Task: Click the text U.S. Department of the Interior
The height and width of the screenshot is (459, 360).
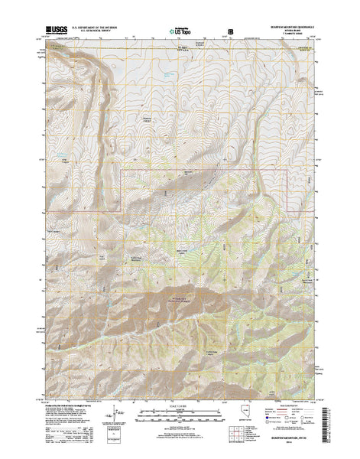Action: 96,26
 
